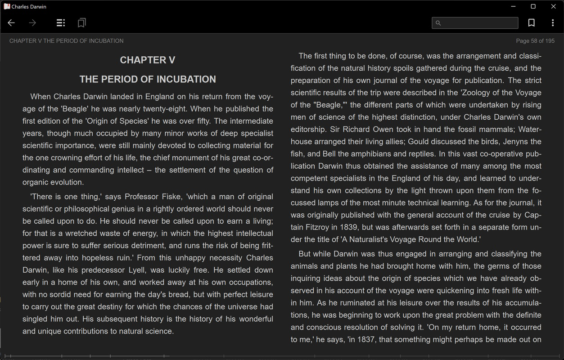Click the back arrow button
(x=11, y=23)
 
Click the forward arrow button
(x=32, y=23)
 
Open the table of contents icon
(x=60, y=23)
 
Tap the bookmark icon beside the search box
(x=531, y=23)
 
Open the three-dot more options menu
(x=553, y=23)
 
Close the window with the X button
(x=554, y=6)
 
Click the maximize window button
(x=533, y=6)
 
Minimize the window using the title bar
(x=513, y=6)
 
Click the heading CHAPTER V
(x=148, y=60)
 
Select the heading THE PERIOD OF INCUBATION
(x=148, y=79)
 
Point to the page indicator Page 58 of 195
(x=535, y=41)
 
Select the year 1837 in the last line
(x=357, y=339)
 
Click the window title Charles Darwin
(x=29, y=7)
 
